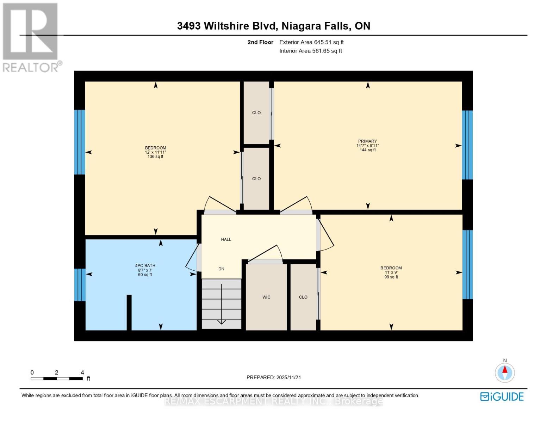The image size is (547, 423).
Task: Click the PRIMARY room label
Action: [x=367, y=141]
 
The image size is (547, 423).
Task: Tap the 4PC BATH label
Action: [x=145, y=266]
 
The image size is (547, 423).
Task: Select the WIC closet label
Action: [x=266, y=297]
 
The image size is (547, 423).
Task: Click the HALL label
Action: [x=226, y=239]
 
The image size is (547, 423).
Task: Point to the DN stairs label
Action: [x=221, y=269]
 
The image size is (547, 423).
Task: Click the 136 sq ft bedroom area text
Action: [x=155, y=157]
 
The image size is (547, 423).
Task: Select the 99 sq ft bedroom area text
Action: [x=391, y=277]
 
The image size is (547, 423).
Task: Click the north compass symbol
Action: [x=505, y=372]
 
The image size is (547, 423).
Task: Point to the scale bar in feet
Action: [x=56, y=379]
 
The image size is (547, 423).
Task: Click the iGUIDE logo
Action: [x=502, y=397]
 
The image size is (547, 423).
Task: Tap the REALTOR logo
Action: [x=31, y=37]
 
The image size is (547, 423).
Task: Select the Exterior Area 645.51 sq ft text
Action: [x=311, y=42]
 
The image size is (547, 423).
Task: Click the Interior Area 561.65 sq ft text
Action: [x=311, y=51]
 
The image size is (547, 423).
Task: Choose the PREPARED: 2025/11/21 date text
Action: [x=274, y=378]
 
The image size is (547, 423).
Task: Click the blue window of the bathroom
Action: [x=80, y=285]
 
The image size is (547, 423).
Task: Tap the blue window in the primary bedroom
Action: [x=467, y=145]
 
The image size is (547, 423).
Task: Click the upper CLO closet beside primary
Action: [x=256, y=113]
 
